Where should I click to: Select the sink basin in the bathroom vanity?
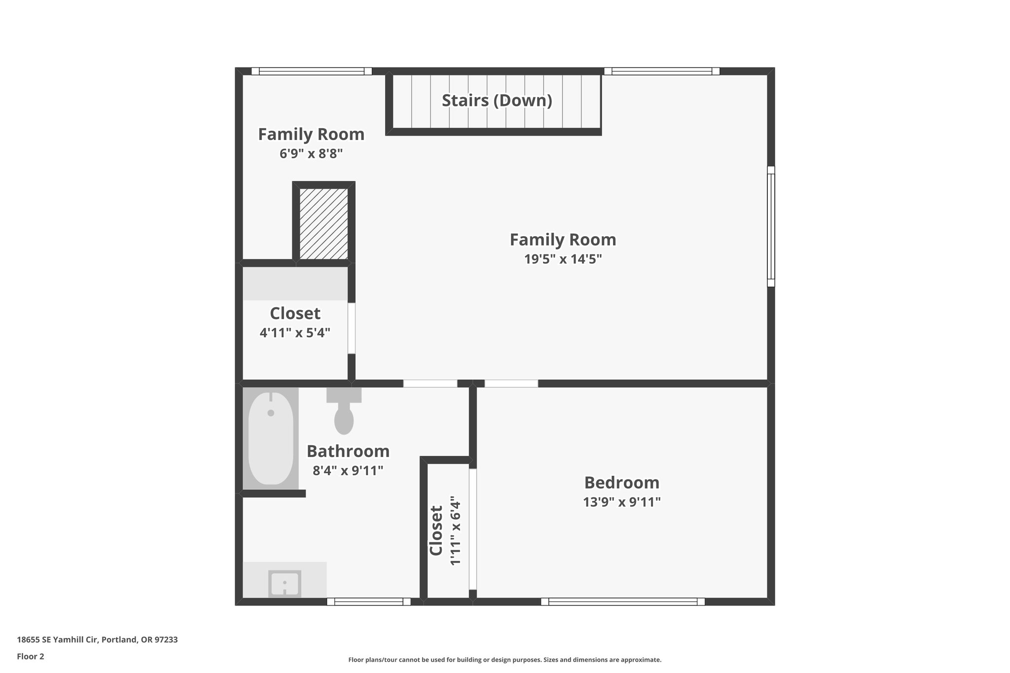[285, 584]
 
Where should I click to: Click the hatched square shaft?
[324, 224]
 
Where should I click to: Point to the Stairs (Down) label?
[497, 101]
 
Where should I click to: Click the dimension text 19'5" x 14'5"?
[563, 259]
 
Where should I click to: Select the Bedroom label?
[621, 482]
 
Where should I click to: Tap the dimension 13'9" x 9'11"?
[621, 502]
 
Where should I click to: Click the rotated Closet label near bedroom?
[436, 531]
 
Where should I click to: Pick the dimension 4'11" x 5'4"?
[295, 333]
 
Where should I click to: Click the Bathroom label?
[348, 451]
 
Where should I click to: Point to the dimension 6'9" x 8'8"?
[311, 154]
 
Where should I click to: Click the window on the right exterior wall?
[771, 226]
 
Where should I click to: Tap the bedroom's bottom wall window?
[622, 602]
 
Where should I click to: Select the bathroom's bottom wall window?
[368, 602]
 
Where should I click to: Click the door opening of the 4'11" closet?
[352, 328]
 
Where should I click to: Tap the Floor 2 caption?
[31, 657]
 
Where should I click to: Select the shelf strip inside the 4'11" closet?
[295, 283]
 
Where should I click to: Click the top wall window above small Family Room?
[311, 71]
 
